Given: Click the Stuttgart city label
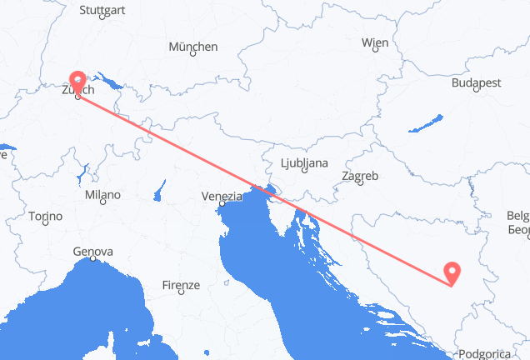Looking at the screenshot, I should coord(102,10).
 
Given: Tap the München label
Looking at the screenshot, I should coord(192,47).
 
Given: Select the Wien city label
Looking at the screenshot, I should coord(374,42).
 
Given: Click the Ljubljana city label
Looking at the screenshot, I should coord(302,162).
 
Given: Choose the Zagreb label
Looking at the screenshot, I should coord(361,176).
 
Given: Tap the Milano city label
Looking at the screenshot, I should coord(102,195).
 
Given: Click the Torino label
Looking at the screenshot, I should coord(45,216).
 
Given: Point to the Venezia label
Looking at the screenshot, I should coord(221,196).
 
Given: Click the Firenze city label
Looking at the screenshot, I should coord(181,285).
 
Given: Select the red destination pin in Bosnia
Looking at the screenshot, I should coord(452,272).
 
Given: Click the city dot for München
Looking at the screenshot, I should coord(192,55).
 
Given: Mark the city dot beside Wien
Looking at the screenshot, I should coord(376,50).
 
